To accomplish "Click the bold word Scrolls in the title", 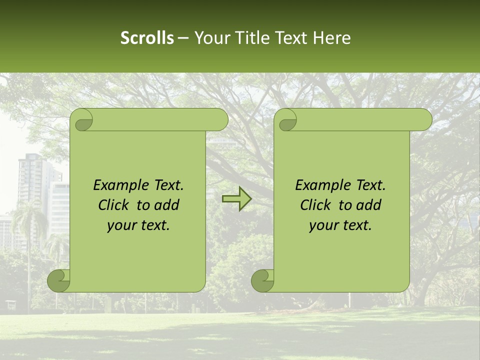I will [x=147, y=38].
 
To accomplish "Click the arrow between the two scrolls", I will [x=236, y=199].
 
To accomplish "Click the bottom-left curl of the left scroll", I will [x=59, y=280].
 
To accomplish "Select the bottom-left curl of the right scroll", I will [x=263, y=280].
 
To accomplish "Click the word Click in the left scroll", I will [x=113, y=205].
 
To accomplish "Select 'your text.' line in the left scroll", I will [x=138, y=225].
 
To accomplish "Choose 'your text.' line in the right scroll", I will [x=340, y=225].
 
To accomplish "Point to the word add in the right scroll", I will [x=369, y=205].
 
